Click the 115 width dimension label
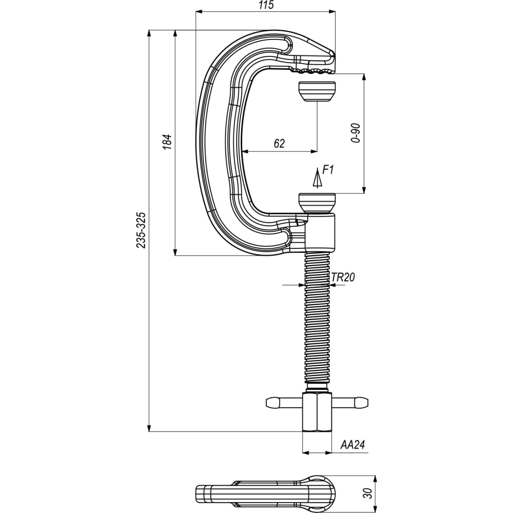click(266, 5)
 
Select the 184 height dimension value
click(167, 142)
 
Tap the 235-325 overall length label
click(141, 230)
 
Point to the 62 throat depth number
click(279, 143)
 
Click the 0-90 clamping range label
click(356, 133)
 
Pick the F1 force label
click(328, 170)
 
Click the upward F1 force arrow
click(317, 179)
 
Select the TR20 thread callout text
click(343, 278)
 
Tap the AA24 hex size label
click(352, 445)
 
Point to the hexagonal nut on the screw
click(317, 412)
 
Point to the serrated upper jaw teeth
click(312, 70)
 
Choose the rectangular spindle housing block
click(320, 233)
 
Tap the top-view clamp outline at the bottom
click(266, 494)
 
